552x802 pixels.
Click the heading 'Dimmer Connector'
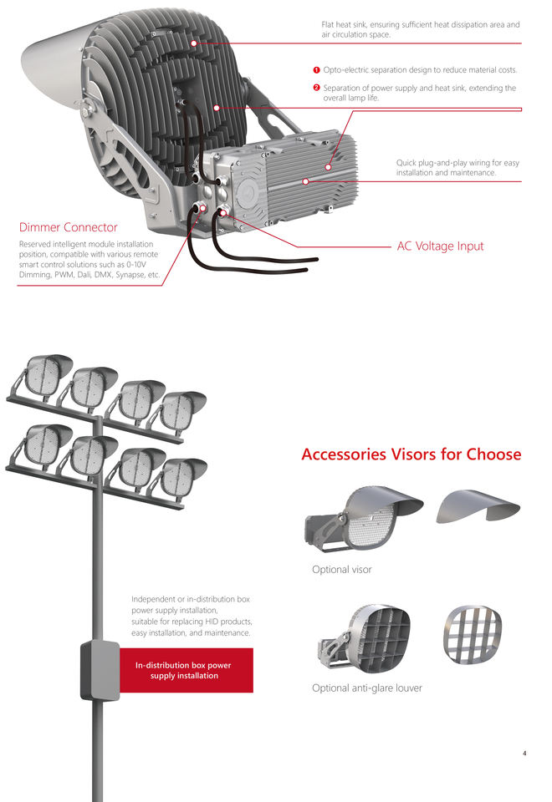[x=68, y=227]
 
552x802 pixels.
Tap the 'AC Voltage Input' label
[x=440, y=246]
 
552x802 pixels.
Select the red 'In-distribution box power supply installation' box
[x=183, y=670]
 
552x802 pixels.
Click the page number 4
[x=524, y=754]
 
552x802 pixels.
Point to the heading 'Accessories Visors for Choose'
[x=411, y=454]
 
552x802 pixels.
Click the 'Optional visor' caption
[x=341, y=570]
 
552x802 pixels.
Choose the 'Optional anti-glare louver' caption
[x=366, y=688]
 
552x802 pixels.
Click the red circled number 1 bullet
[x=316, y=69]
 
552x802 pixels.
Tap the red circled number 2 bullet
[x=316, y=88]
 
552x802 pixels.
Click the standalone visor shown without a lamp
[x=478, y=505]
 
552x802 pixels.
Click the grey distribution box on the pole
[x=99, y=670]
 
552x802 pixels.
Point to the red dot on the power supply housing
[x=305, y=180]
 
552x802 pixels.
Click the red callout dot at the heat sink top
[x=193, y=43]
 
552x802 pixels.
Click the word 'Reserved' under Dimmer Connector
[x=36, y=244]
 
